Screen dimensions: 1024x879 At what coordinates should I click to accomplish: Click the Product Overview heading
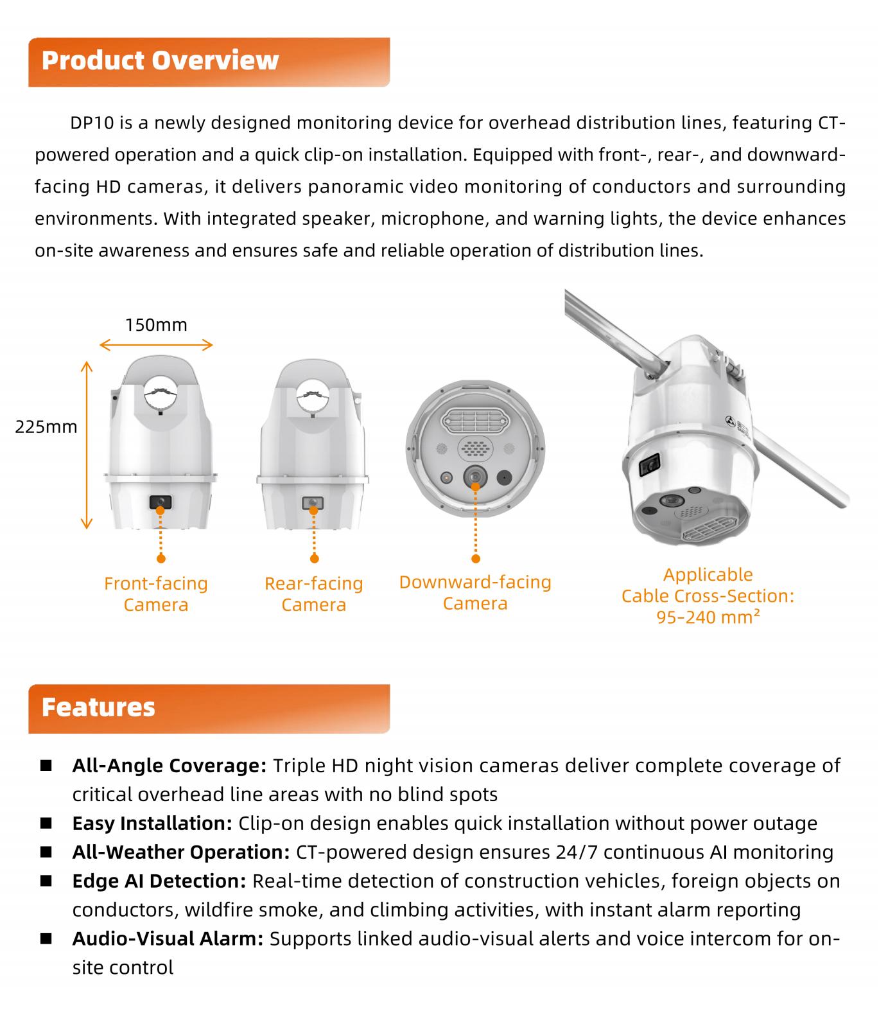[160, 61]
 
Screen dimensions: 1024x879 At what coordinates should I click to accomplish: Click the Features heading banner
[98, 707]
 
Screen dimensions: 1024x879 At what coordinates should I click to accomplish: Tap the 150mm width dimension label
[156, 324]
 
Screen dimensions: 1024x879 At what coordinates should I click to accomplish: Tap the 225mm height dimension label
[46, 427]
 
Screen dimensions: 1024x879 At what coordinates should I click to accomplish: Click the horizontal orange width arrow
[156, 345]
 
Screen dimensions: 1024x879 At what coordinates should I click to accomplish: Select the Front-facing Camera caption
[156, 594]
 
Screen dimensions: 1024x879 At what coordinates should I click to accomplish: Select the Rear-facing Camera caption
[313, 594]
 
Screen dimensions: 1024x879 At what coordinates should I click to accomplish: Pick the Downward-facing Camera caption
[475, 592]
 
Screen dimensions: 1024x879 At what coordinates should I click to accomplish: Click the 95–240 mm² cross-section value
[708, 617]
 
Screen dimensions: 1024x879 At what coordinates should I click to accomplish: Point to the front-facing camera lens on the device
[161, 502]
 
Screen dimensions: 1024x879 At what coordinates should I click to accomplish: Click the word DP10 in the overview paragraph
[92, 123]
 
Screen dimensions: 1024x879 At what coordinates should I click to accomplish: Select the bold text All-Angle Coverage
[169, 766]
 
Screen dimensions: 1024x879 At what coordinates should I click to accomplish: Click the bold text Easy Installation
[152, 824]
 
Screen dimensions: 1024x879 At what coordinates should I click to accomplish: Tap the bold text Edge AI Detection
[159, 881]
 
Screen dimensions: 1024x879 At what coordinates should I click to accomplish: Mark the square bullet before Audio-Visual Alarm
[46, 939]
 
